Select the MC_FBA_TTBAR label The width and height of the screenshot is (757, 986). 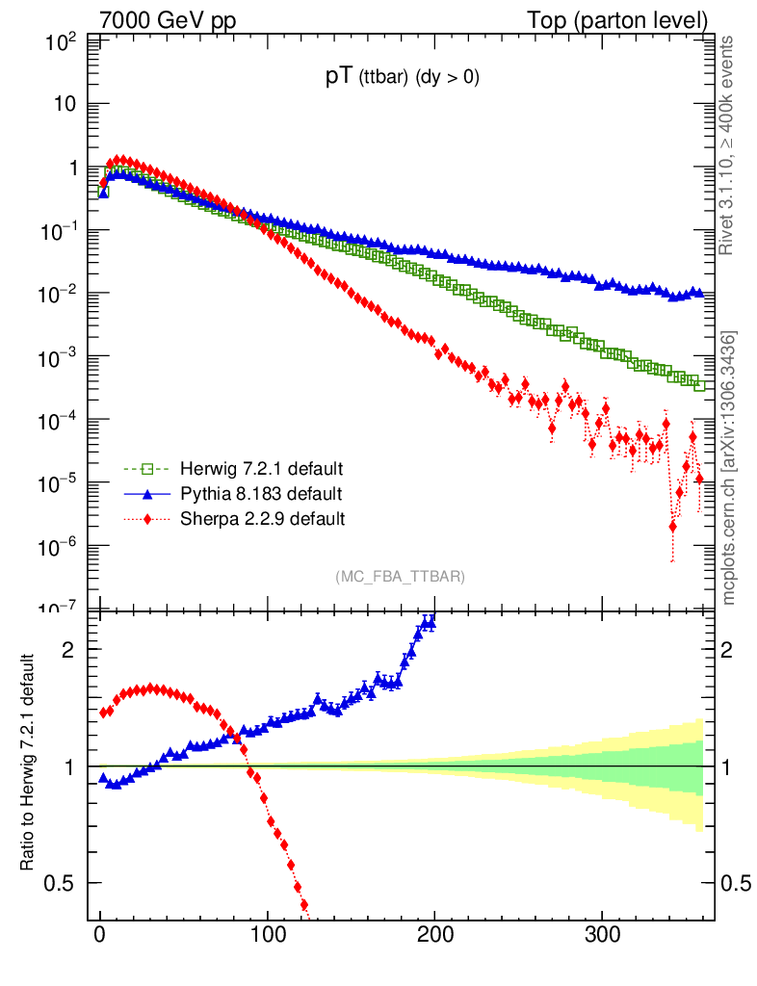click(x=401, y=577)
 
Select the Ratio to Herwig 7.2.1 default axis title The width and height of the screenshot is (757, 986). click(x=30, y=765)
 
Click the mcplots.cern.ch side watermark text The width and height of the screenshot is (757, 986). click(x=730, y=468)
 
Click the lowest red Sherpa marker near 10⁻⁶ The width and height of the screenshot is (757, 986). click(x=672, y=527)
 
